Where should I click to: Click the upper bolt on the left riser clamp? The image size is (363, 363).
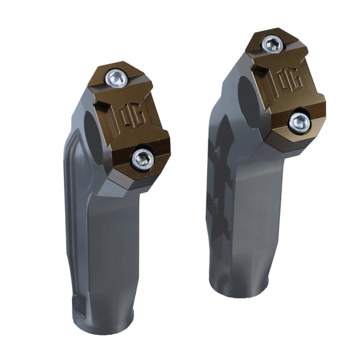(x=116, y=78)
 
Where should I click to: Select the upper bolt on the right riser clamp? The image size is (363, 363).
(x=272, y=44)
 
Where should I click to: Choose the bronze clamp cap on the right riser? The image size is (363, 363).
(x=285, y=88)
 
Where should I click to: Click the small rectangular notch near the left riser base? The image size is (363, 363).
(x=79, y=305)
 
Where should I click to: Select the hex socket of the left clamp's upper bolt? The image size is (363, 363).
(x=116, y=78)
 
